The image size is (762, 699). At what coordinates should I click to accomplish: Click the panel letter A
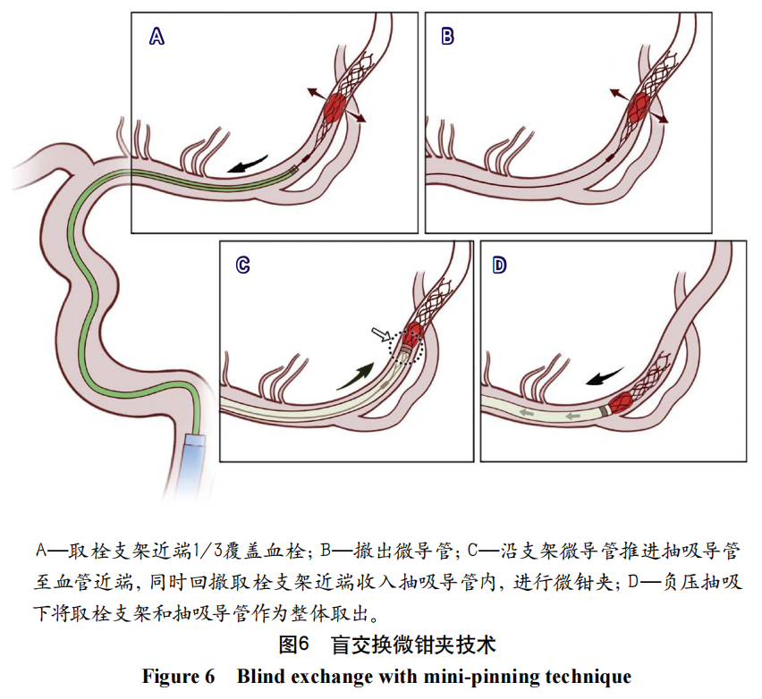tap(157, 37)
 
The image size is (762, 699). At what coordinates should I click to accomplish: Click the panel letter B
tap(448, 37)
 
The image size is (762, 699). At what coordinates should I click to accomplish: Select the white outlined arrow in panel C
tap(382, 335)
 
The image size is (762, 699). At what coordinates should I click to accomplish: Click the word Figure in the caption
tap(170, 676)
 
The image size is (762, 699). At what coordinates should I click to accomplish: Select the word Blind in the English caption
tap(260, 676)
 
